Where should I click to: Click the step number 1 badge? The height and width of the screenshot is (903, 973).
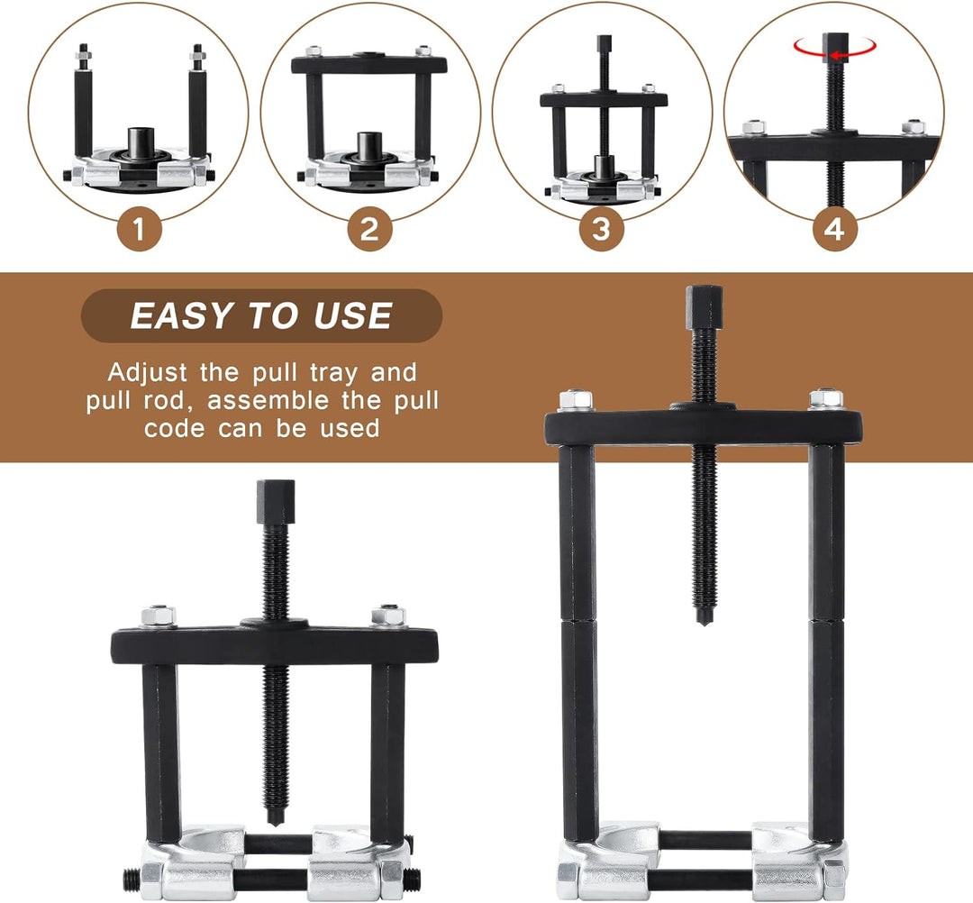coord(139,229)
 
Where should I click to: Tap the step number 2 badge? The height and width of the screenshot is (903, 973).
coord(370,229)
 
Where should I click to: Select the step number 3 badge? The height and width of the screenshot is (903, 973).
coord(601,229)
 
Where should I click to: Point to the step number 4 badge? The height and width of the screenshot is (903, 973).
coord(834,229)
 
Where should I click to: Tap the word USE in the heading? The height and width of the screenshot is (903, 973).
coord(353,316)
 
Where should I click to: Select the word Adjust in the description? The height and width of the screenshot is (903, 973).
coord(147,373)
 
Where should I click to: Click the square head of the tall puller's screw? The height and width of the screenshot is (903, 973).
coord(704,307)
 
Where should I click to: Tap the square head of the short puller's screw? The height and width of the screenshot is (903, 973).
coord(276,502)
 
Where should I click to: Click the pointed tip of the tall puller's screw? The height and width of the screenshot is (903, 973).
coord(703,623)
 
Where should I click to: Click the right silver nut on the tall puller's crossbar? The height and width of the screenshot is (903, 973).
coord(825,398)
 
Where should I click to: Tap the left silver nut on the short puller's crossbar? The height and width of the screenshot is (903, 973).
coord(159,616)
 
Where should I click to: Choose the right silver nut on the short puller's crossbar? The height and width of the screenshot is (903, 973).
coord(388,616)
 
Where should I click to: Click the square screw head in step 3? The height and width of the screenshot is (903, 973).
coord(605,43)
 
